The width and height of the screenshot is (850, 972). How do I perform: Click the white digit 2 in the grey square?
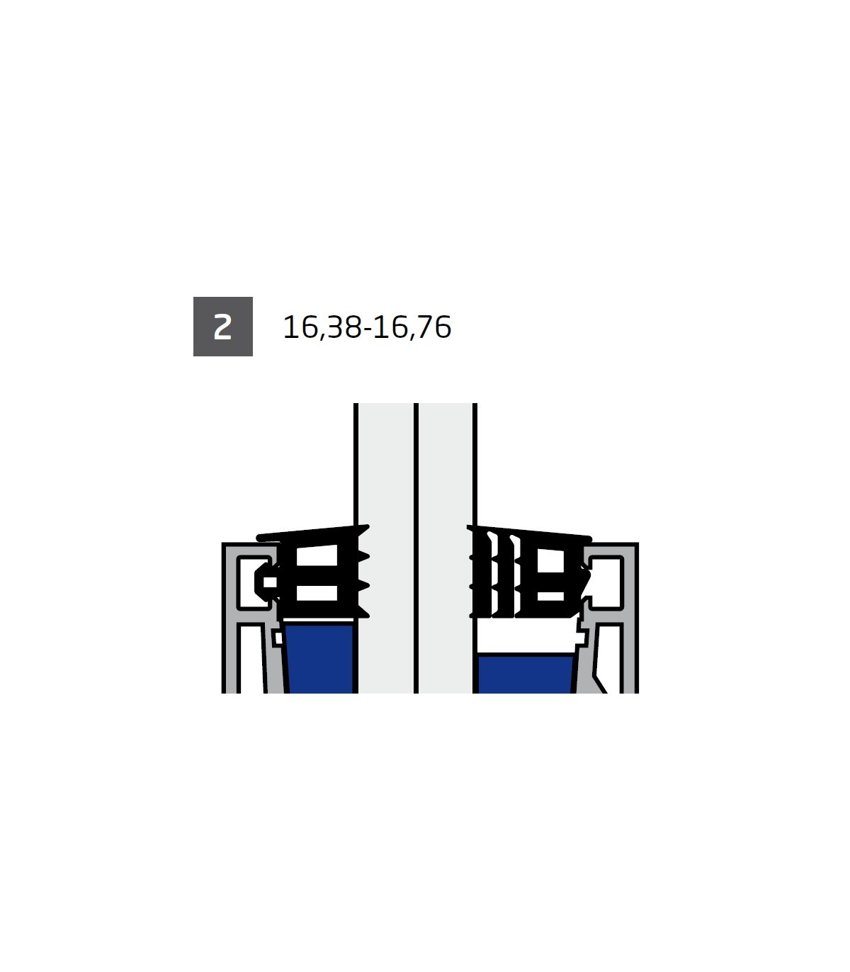click(x=222, y=327)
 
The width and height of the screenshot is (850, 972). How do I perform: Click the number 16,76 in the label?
click(x=412, y=327)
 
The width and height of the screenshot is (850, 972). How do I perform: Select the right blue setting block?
click(x=525, y=674)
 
